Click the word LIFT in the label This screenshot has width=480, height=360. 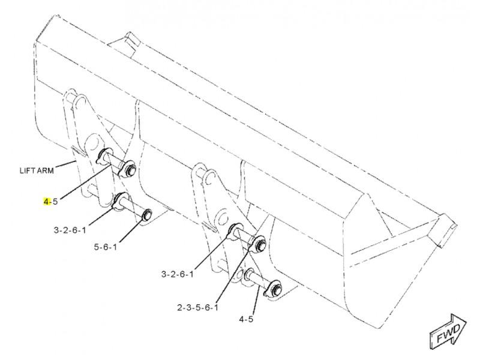click(26, 171)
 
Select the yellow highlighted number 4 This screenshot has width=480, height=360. click(46, 202)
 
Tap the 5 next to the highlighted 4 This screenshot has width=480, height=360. click(55, 202)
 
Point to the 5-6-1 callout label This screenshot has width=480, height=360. click(106, 247)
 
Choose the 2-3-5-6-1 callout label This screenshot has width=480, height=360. click(198, 307)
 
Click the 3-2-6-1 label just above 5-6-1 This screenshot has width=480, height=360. click(70, 230)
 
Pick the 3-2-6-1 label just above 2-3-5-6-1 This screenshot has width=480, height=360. click(178, 274)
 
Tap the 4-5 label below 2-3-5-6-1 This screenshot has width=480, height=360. click(246, 319)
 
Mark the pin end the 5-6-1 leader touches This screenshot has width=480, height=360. click(146, 214)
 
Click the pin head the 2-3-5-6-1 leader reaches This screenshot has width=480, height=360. click(260, 244)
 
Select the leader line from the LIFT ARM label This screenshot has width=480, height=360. click(66, 164)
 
